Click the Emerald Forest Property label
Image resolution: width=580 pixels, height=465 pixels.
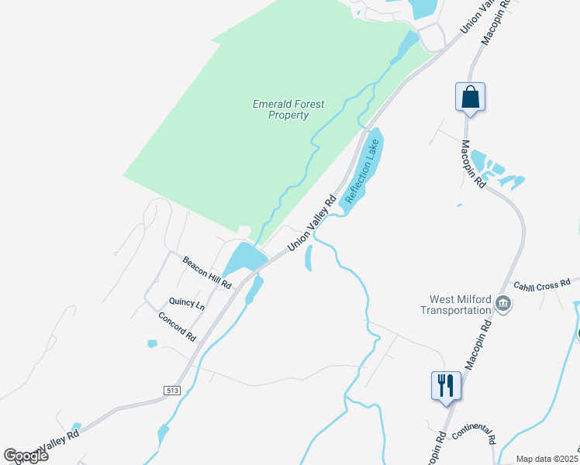click(288, 109)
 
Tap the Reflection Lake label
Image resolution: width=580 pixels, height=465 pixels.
click(363, 171)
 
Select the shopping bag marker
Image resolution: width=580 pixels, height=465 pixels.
click(470, 97)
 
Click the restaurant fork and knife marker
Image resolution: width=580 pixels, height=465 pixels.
click(446, 385)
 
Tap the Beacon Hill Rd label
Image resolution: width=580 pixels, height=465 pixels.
click(207, 273)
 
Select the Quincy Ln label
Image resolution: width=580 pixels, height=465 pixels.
click(187, 304)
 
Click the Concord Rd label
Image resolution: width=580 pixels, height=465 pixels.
click(178, 328)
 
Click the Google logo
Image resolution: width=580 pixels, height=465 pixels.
click(26, 455)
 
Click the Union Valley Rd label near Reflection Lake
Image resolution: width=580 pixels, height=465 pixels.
click(312, 223)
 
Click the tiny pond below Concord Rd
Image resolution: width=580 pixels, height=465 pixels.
click(152, 343)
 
